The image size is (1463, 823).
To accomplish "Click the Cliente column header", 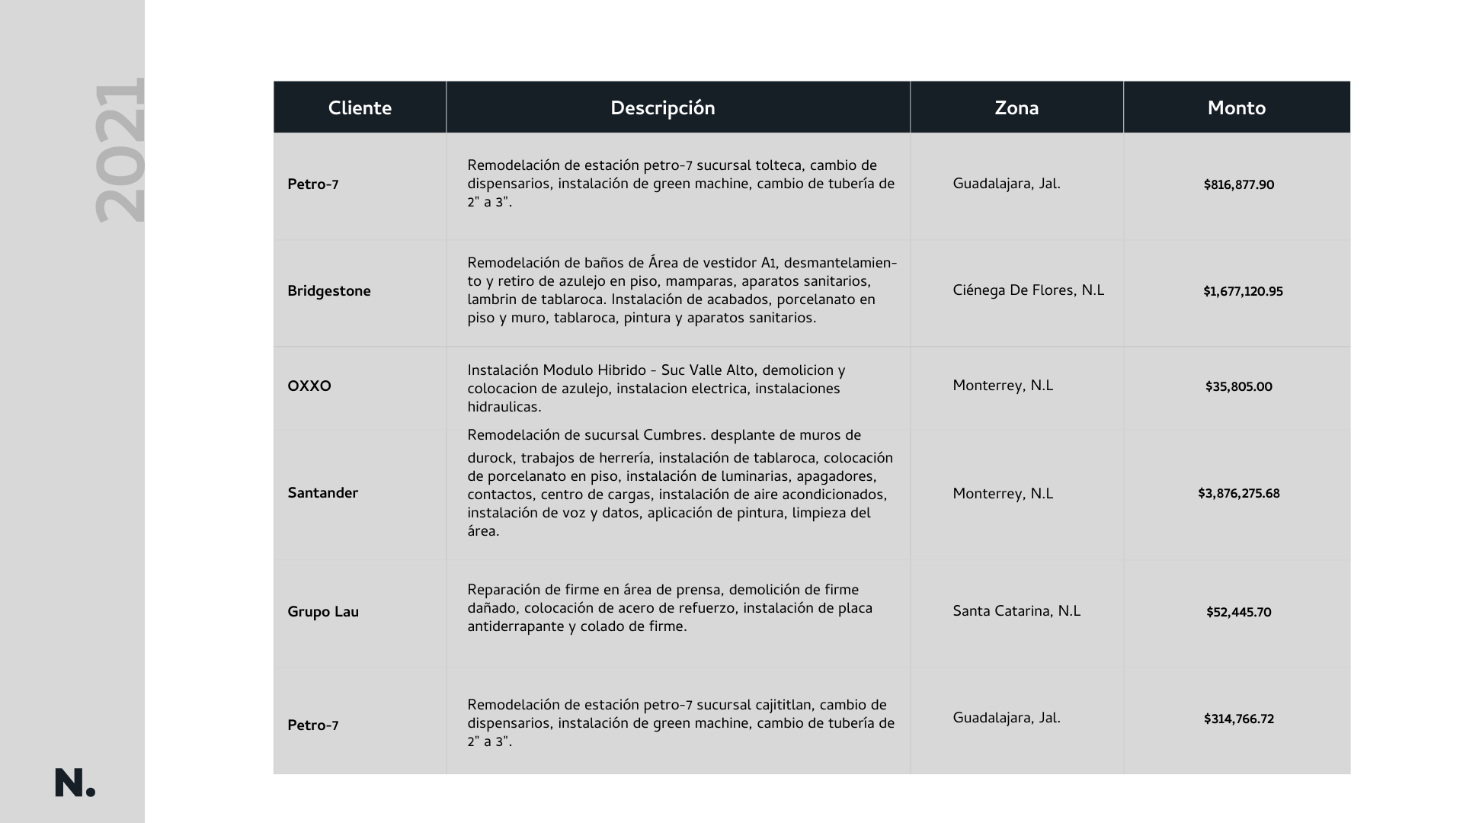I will tap(360, 107).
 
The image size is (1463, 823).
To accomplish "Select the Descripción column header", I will tap(662, 107).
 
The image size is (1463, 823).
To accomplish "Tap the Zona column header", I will tap(1016, 107).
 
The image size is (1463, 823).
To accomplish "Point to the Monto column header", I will tap(1236, 107).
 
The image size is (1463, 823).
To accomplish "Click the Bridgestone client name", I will tap(328, 291).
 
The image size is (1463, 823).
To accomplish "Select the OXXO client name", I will tap(309, 386).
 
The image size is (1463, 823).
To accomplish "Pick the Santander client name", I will tap(322, 493).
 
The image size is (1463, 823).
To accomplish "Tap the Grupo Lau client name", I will tap(322, 612).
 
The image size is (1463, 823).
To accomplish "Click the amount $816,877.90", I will tap(1238, 184).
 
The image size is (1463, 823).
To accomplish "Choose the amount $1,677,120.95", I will tap(1243, 291).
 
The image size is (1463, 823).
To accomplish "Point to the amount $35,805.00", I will tap(1238, 386).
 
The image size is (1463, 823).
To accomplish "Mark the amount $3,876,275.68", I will tap(1238, 493).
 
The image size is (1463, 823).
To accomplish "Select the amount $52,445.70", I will tap(1238, 612).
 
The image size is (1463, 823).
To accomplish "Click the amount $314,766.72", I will tap(1238, 719).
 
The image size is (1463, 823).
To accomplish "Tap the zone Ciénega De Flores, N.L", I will tap(1028, 290).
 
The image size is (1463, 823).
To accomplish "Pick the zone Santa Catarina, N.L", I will tap(1016, 611).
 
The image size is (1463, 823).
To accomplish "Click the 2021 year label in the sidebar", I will tap(120, 150).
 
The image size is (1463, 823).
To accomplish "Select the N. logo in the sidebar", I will tap(75, 783).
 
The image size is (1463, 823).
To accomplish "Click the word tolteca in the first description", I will tap(778, 165).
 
